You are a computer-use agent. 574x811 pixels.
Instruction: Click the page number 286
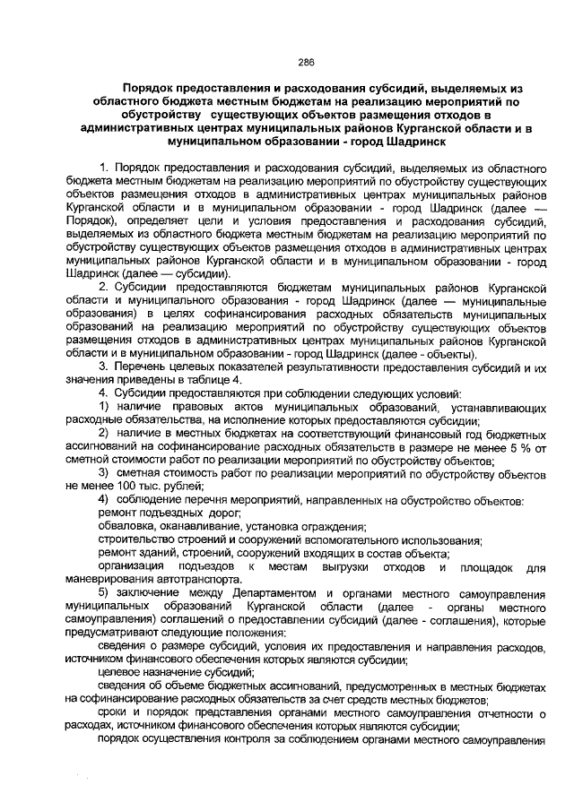pos(305,63)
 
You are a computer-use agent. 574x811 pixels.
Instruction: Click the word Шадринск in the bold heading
pos(404,141)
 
